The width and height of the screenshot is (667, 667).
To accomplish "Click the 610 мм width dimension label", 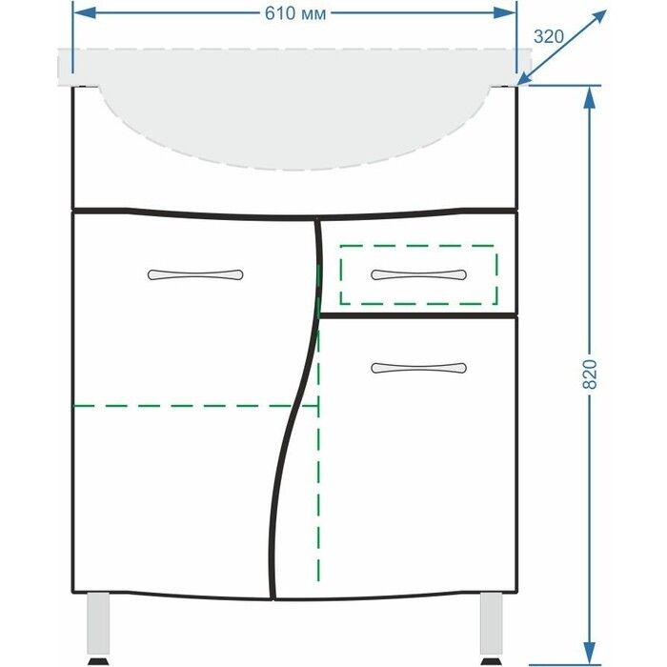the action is (x=295, y=13).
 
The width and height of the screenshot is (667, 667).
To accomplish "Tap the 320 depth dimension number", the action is (x=548, y=36).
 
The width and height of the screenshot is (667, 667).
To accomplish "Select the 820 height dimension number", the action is (x=590, y=374).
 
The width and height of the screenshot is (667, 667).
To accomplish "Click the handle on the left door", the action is (x=195, y=274).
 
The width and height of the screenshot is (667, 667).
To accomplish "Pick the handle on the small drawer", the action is (x=418, y=274).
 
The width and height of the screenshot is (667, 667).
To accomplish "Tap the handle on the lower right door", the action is (x=418, y=368).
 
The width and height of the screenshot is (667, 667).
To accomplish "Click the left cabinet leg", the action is (x=98, y=623).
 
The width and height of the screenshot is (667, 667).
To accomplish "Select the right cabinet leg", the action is (x=492, y=623).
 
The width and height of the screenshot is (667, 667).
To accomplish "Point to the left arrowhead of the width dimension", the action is (x=84, y=12).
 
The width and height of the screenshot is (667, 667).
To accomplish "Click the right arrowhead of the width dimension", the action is (x=504, y=12).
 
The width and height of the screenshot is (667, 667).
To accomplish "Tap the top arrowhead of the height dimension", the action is (x=589, y=98).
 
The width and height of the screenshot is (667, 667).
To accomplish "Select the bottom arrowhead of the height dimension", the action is (x=589, y=654).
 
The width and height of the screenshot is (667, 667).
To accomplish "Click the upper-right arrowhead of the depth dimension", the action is (x=597, y=18).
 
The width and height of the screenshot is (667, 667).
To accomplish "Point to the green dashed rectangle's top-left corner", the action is (x=341, y=246).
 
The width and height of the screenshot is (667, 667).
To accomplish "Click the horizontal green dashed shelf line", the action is (x=195, y=406).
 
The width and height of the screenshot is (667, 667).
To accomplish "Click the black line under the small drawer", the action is (x=418, y=315).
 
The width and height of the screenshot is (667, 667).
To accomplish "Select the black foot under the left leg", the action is (x=98, y=661).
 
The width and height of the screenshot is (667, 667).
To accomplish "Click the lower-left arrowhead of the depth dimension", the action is (x=525, y=78).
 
